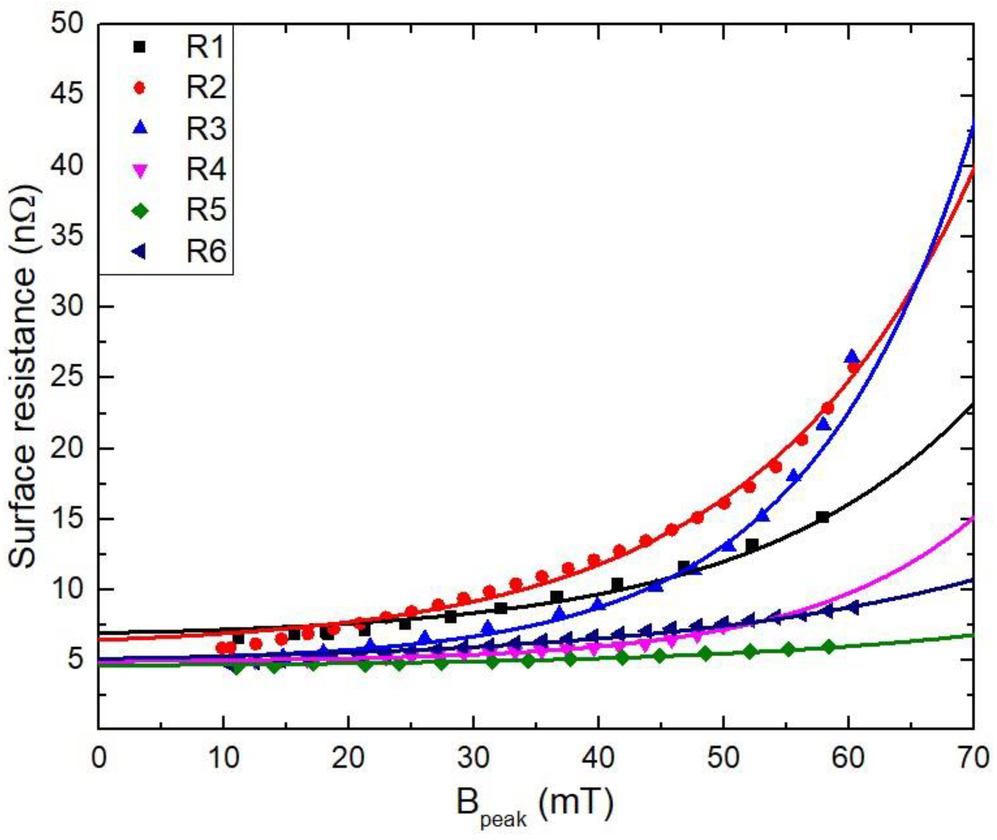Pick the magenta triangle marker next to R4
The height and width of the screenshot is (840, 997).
tap(139, 171)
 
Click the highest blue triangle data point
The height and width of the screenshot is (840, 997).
tap(852, 356)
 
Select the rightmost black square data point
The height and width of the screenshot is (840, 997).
tap(822, 517)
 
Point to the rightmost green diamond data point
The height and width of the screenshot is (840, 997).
tap(829, 647)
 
